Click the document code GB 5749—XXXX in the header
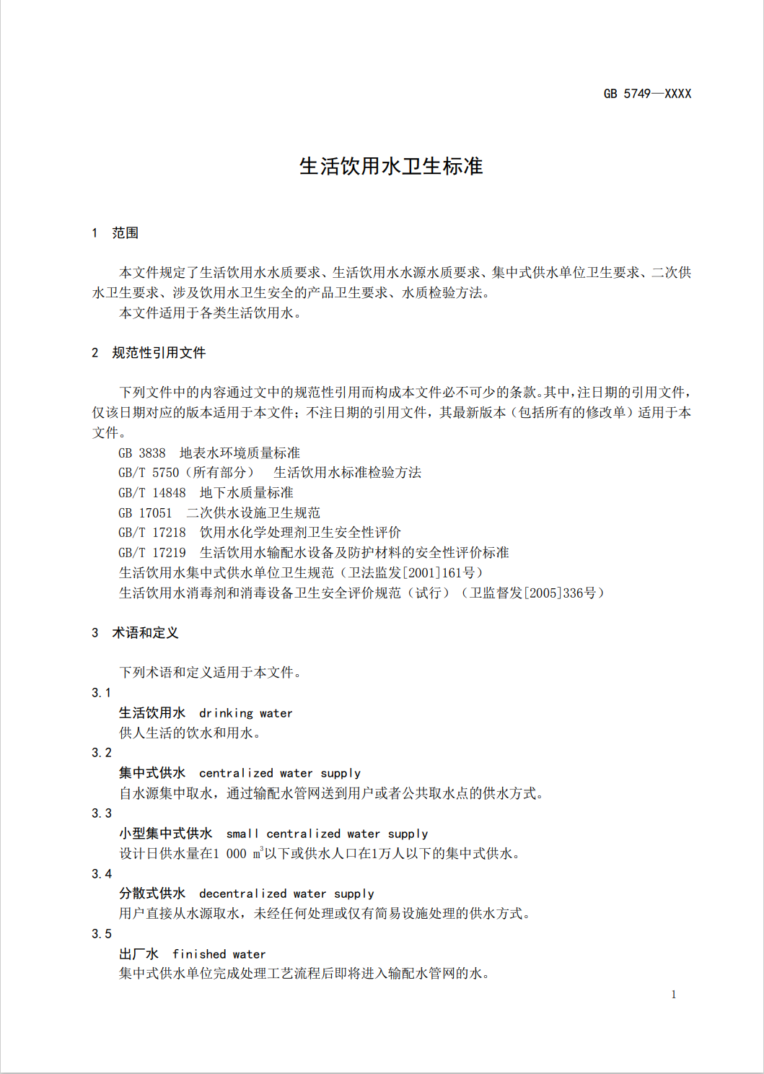[x=647, y=94]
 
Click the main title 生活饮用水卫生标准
[x=391, y=167]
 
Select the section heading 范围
[x=125, y=233]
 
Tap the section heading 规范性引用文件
[x=159, y=353]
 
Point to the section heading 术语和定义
[x=145, y=633]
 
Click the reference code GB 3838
[x=142, y=453]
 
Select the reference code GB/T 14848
[x=152, y=493]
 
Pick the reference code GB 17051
[x=145, y=513]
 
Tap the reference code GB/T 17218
[x=152, y=533]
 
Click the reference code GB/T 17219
[x=152, y=553]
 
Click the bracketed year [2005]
[x=542, y=593]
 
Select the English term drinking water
[x=245, y=713]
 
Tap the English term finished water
[x=219, y=954]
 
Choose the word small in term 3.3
[x=242, y=834]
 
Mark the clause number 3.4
[x=102, y=874]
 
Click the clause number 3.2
[x=102, y=753]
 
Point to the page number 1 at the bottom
[x=674, y=995]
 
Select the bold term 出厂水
[x=139, y=954]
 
